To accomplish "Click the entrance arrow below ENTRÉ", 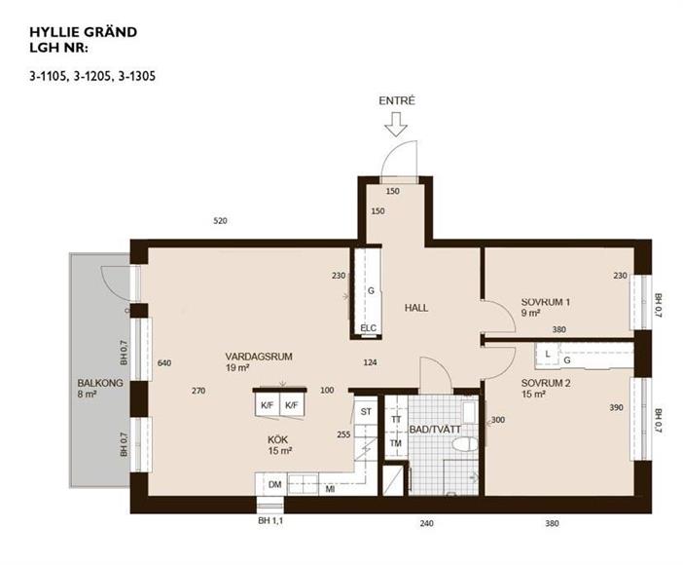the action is (396, 125).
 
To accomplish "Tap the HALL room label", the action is (416, 308).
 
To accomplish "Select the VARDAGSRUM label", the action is (259, 357).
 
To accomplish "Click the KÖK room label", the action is (277, 439).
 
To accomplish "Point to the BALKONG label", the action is (100, 383).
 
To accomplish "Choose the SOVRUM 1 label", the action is (546, 302).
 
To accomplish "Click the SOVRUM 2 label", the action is (546, 383).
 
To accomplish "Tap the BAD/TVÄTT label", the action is (435, 430).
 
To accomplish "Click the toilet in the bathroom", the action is (465, 444).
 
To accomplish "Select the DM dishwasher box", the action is (274, 484).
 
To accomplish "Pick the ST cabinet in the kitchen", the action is (366, 411).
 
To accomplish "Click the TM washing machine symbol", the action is (396, 443).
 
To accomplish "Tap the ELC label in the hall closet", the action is (368, 328).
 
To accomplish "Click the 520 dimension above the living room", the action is (221, 221).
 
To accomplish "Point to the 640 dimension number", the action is (164, 363).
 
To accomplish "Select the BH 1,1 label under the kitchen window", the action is (270, 520).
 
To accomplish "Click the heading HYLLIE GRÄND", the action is (84, 32).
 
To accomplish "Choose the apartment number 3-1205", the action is (92, 76).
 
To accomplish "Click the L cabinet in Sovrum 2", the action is (548, 355).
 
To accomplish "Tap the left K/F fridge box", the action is (267, 405).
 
